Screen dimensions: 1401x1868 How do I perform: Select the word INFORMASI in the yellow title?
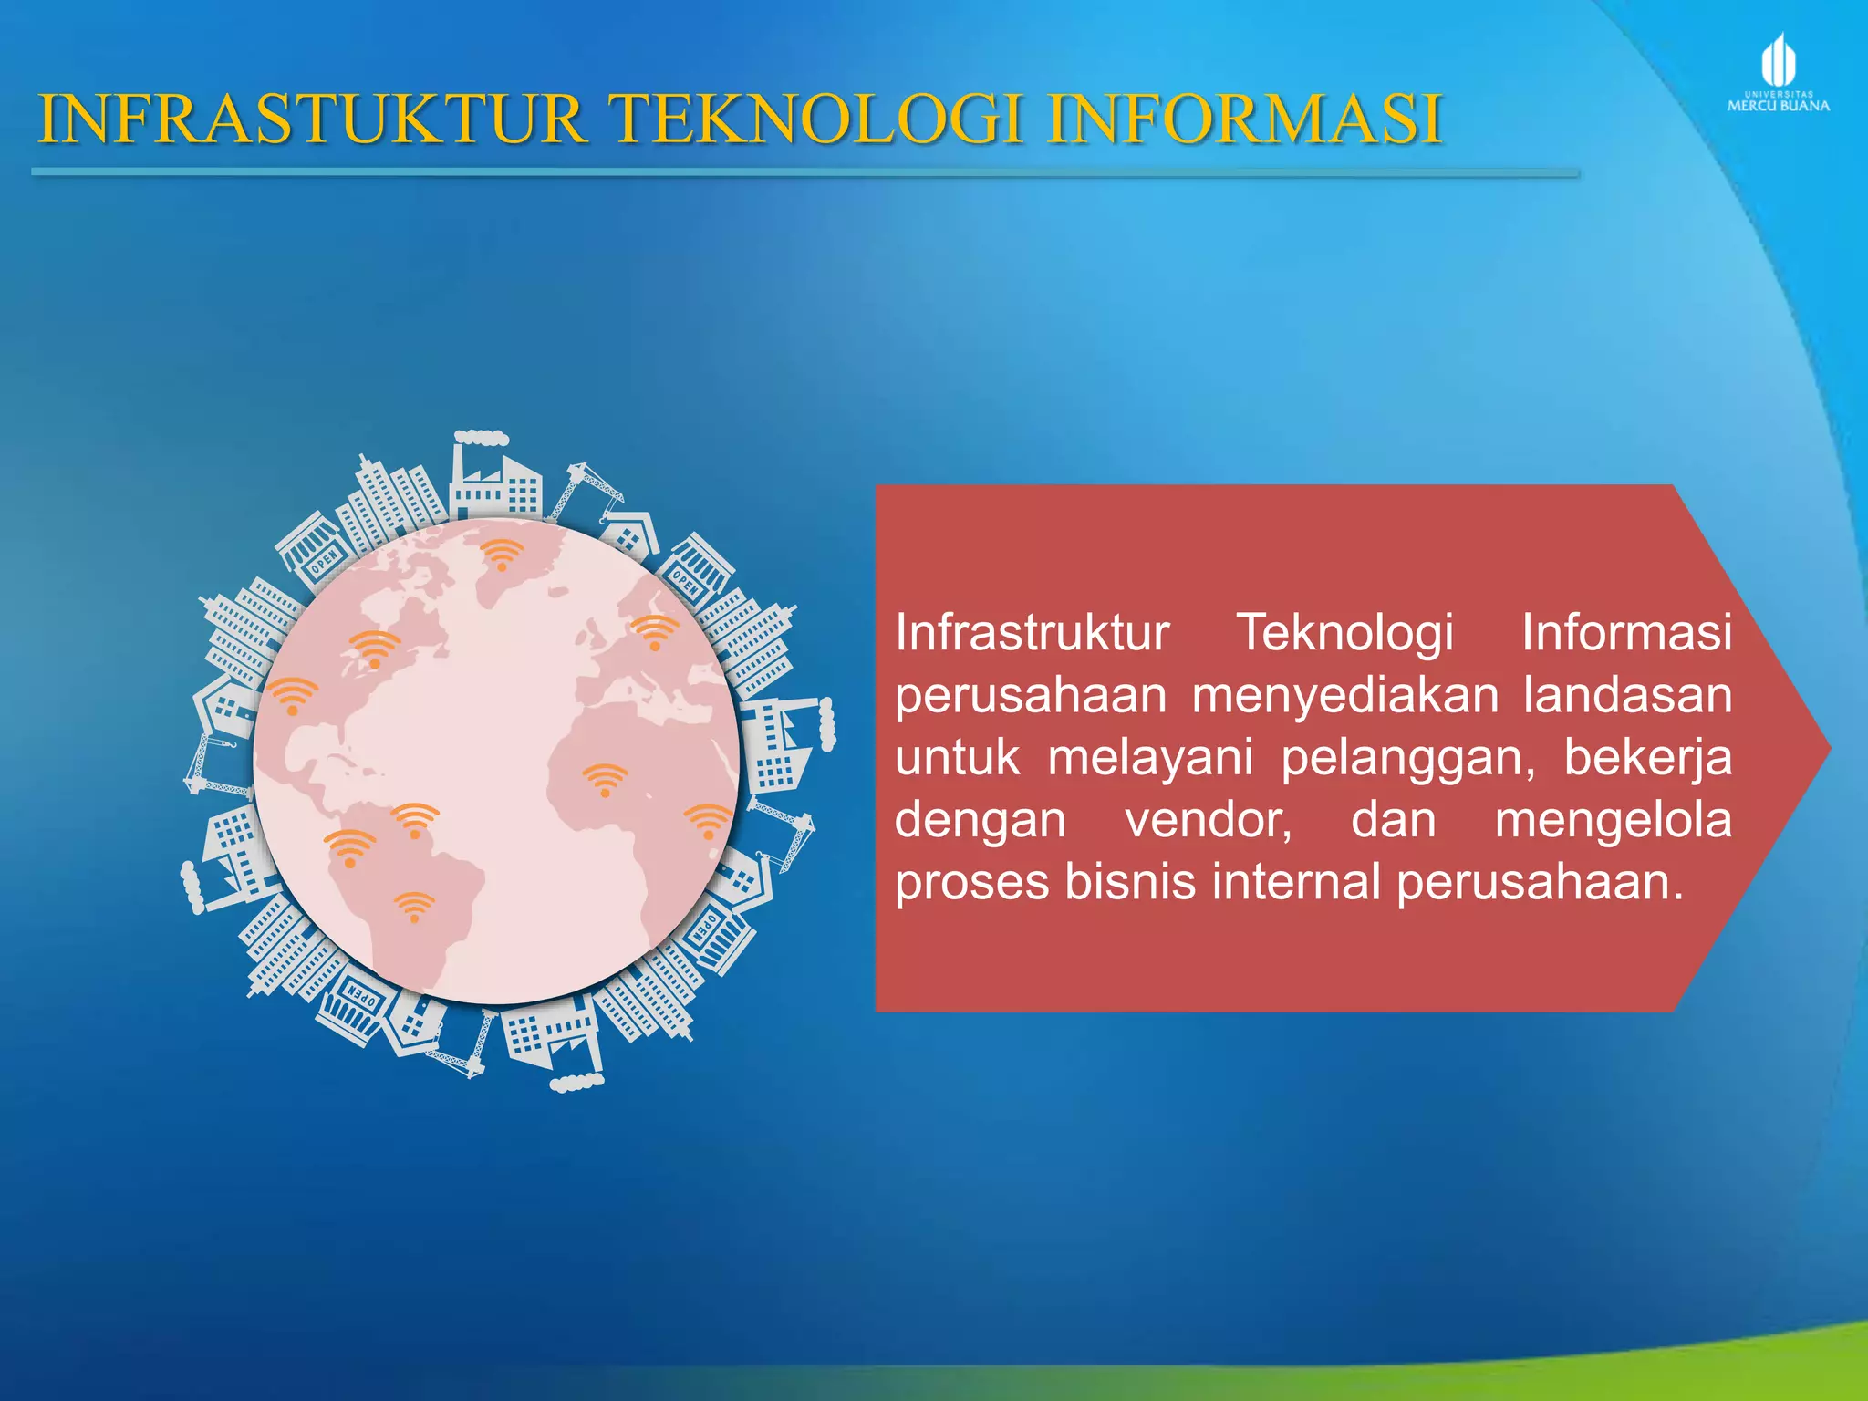(1245, 119)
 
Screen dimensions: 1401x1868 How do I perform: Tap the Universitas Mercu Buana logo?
(1778, 73)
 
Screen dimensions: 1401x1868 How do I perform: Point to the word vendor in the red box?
(1208, 820)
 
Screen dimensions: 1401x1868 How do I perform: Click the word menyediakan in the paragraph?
(1345, 696)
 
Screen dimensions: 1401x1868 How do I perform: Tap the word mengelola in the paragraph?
(1613, 820)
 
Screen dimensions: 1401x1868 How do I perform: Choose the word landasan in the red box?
(1627, 696)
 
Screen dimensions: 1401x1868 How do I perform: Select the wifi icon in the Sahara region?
(605, 781)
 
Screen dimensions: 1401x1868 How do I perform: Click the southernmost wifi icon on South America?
(414, 908)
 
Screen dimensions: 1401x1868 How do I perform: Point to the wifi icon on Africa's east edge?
(707, 821)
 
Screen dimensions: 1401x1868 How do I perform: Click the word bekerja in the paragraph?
(1647, 759)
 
